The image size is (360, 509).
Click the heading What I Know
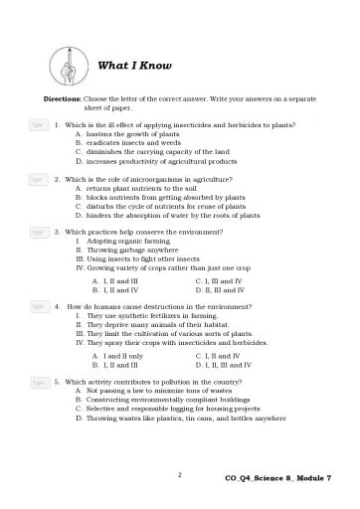pyautogui.click(x=134, y=67)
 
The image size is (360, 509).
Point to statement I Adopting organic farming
pyautogui.click(x=126, y=242)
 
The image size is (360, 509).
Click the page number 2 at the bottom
pyautogui.click(x=179, y=475)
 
